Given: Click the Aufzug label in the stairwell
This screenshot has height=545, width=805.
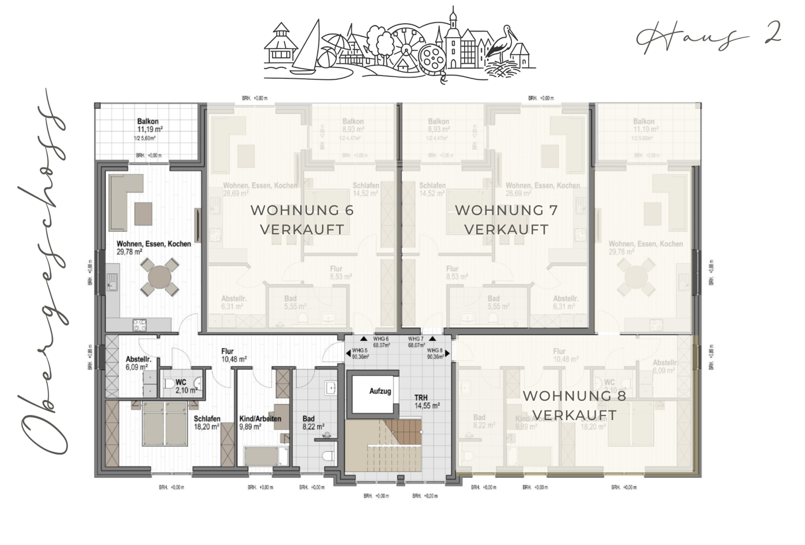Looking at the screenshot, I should click(380, 391).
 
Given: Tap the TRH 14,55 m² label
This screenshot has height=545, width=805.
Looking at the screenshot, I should click(427, 401).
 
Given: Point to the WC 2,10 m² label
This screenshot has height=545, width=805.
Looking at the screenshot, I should click(185, 386).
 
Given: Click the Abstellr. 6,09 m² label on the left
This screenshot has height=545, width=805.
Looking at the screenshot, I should click(138, 363).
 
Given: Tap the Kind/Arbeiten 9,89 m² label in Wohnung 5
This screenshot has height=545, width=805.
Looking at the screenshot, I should click(260, 422).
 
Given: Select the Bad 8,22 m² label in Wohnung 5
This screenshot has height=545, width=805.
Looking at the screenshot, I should click(313, 422).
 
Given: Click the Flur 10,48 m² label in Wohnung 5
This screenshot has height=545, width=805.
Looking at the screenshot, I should click(234, 355).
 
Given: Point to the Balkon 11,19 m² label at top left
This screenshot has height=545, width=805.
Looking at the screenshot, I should click(149, 125).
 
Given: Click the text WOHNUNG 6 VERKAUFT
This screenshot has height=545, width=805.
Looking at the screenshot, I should click(302, 219).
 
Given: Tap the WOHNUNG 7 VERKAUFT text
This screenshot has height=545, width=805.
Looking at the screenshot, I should click(506, 219).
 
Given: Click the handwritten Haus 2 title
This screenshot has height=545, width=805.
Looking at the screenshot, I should click(708, 37).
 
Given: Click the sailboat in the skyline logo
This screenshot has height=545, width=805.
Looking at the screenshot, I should click(308, 49).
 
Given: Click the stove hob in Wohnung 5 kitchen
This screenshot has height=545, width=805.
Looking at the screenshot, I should click(140, 325).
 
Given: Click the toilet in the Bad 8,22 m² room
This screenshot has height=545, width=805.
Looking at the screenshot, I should click(329, 457).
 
